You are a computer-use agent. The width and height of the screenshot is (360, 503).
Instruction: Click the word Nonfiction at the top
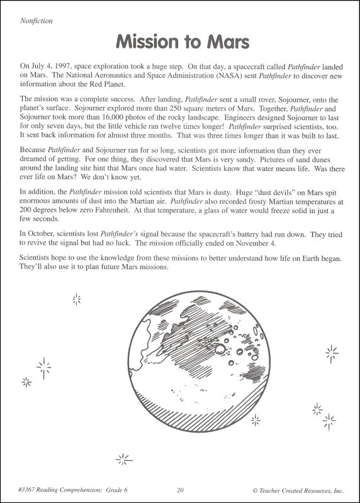(37, 20)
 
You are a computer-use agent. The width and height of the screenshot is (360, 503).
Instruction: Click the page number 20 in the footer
(180, 490)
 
